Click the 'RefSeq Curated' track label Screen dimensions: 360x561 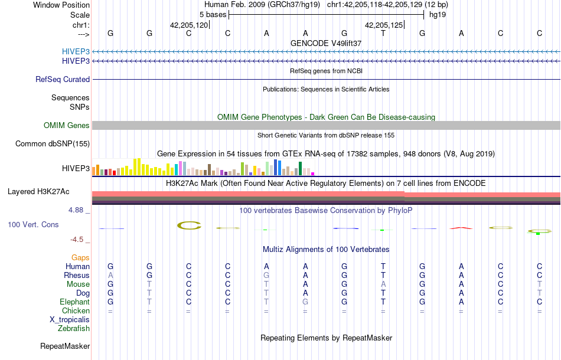pyautogui.click(x=63, y=79)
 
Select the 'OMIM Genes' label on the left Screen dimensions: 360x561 pyautogui.click(x=67, y=125)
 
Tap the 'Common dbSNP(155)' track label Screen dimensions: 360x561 pyautogui.click(x=53, y=143)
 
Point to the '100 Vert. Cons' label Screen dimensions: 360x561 pyautogui.click(x=33, y=225)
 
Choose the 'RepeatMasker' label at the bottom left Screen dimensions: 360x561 pyautogui.click(x=65, y=346)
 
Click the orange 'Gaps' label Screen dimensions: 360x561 pyautogui.click(x=80, y=257)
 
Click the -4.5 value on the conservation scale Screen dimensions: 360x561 pyautogui.click(x=80, y=239)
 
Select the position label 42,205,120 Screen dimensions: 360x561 pyautogui.click(x=189, y=25)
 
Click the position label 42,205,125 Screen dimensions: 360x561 pyautogui.click(x=384, y=25)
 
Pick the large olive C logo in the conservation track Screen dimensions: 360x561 pyautogui.click(x=189, y=225)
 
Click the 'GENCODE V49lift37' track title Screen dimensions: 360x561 pyautogui.click(x=326, y=43)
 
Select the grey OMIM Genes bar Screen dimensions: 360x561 pyautogui.click(x=326, y=125)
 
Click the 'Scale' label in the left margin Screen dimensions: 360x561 pyautogui.click(x=80, y=15)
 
